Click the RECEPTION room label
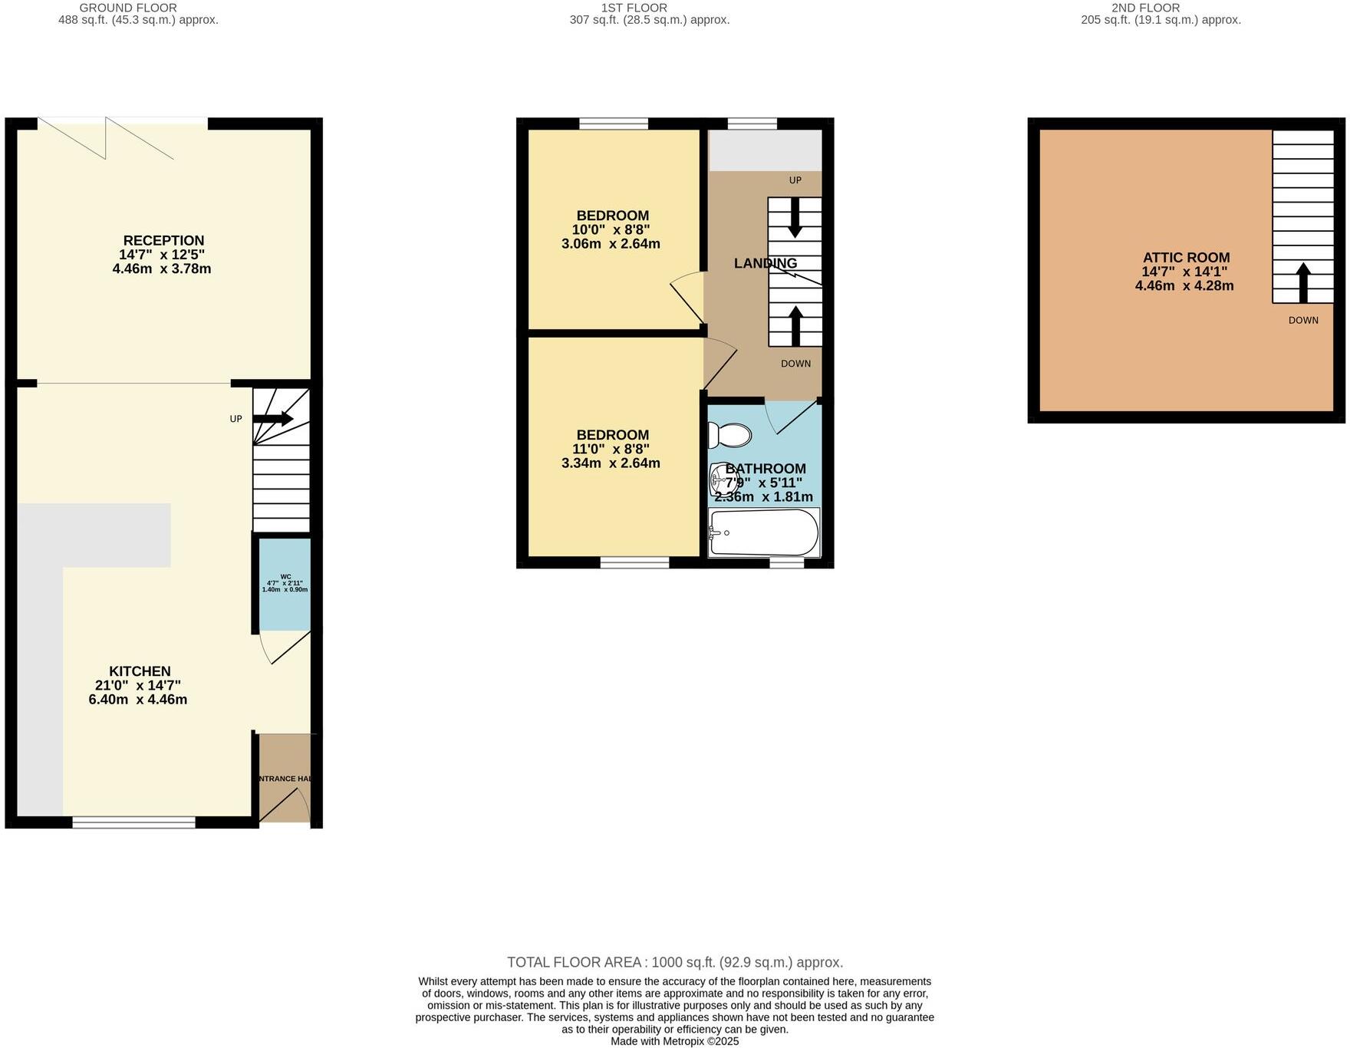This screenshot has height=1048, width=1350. tap(163, 241)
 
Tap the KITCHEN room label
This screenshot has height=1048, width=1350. tap(140, 671)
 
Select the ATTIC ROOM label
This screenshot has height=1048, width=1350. tap(1186, 258)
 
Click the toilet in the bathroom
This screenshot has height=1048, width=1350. tap(728, 435)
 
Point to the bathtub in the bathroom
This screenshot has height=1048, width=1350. tap(763, 532)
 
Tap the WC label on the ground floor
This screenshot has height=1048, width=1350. tap(285, 576)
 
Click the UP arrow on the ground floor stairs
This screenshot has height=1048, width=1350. tap(273, 419)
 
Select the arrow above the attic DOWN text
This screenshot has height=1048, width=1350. tap(1302, 282)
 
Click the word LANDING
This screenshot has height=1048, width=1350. tap(765, 263)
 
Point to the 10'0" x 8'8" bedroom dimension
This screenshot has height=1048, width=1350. tap(611, 229)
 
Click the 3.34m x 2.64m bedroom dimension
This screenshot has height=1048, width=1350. tap(611, 463)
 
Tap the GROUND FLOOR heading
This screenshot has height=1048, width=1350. tap(128, 8)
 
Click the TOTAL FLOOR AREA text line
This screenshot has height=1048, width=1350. tap(675, 962)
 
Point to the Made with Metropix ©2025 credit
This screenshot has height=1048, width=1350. tap(675, 1041)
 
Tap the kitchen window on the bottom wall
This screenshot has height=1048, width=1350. tap(134, 822)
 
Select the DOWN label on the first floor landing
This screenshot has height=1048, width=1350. tap(795, 364)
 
